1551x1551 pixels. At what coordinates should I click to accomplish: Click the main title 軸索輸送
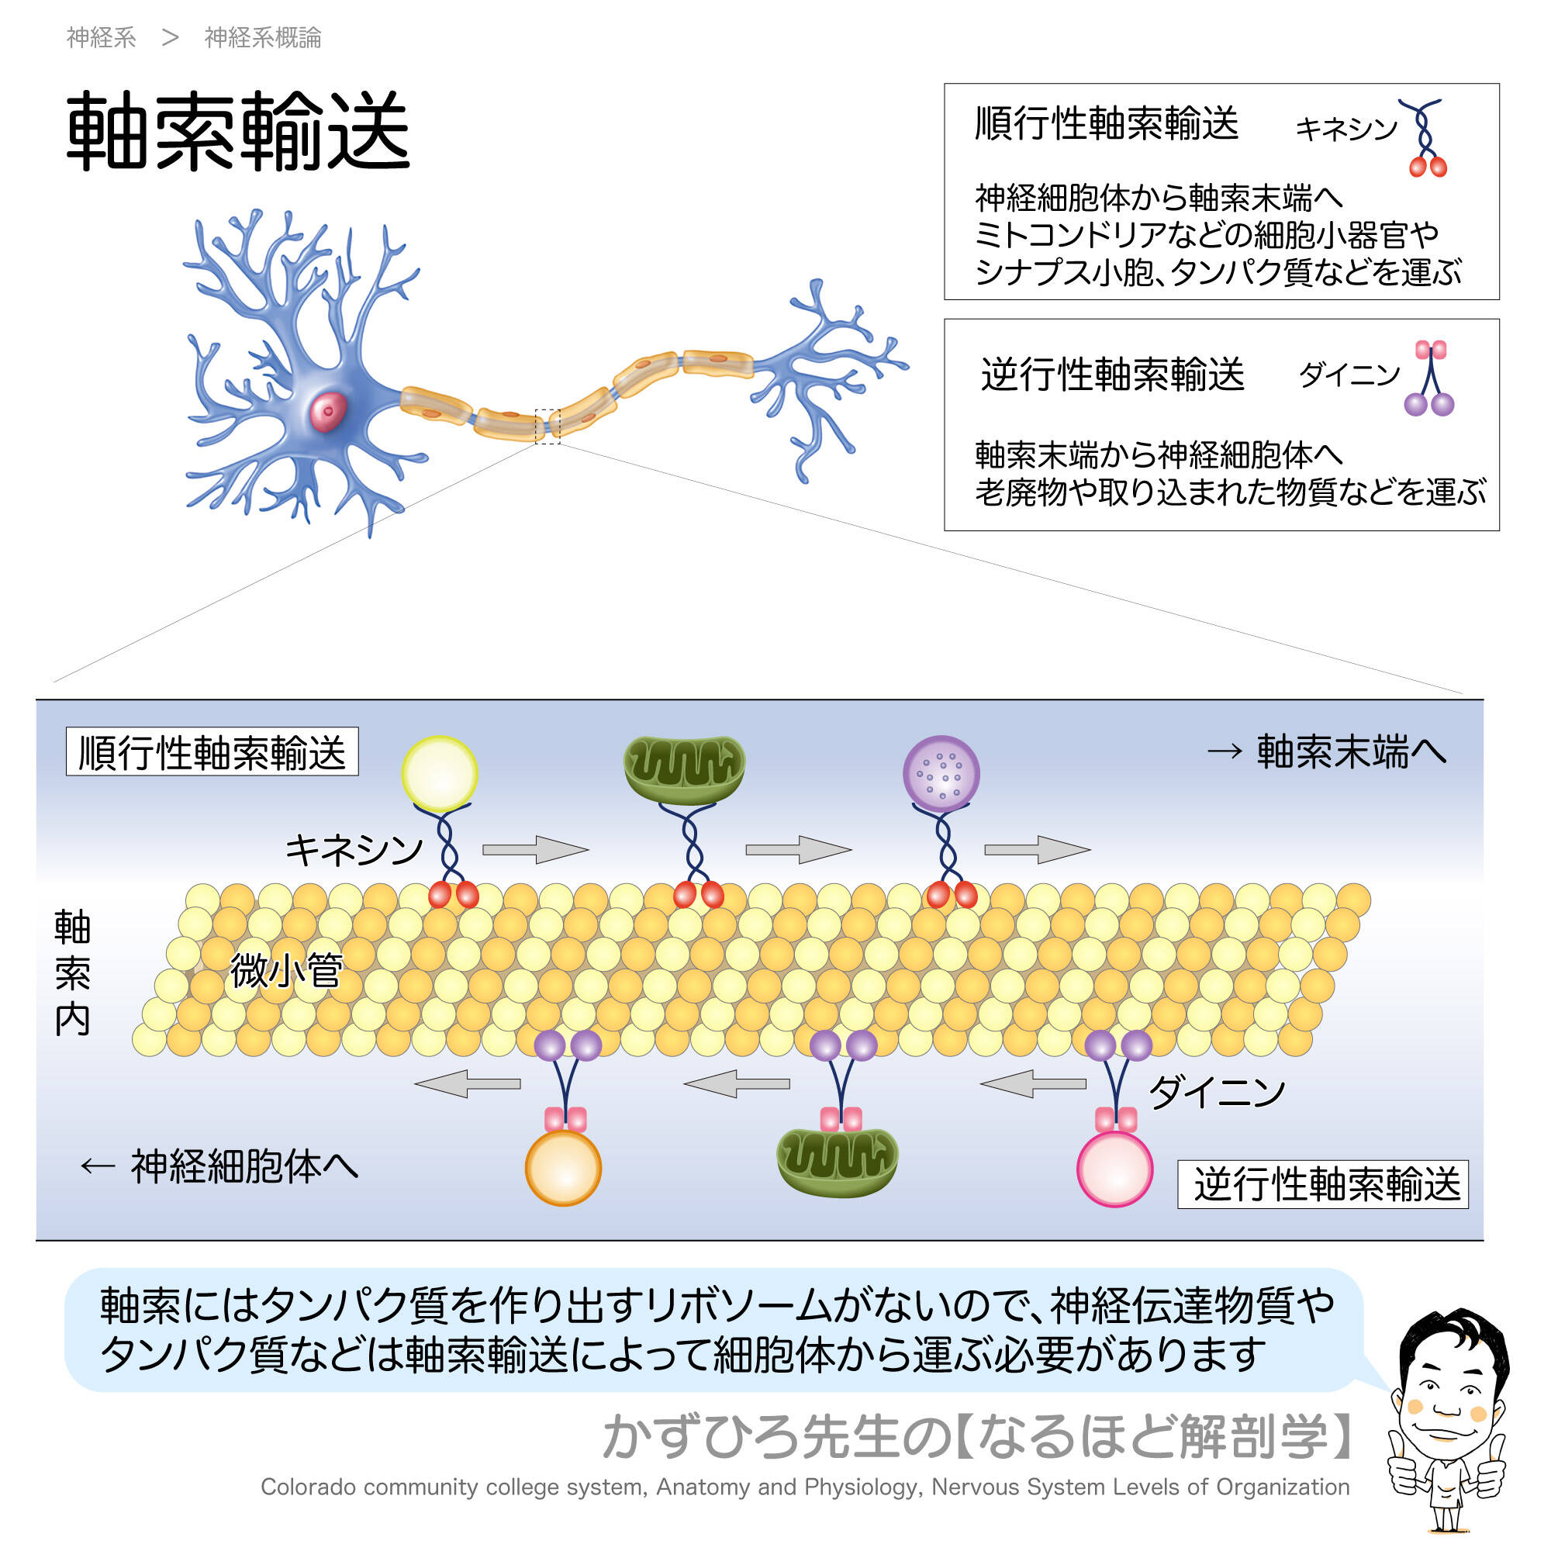click(237, 131)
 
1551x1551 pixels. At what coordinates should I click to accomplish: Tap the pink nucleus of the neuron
click(328, 412)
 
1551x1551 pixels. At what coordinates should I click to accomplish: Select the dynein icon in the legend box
click(1430, 378)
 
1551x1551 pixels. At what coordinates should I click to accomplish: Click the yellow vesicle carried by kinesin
click(439, 773)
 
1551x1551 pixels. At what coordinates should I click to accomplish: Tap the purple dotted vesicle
click(941, 772)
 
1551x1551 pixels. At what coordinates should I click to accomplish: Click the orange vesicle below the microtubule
click(564, 1167)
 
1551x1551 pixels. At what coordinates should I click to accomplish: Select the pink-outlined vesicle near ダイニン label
click(1114, 1169)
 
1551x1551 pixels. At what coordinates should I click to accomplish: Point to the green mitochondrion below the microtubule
click(838, 1162)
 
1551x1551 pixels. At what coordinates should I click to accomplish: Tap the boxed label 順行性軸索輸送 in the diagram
click(212, 751)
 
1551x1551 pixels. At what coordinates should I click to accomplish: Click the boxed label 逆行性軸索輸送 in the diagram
click(1323, 1184)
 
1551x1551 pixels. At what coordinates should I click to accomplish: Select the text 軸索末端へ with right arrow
click(1327, 752)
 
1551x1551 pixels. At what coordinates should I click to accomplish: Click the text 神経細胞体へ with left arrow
click(219, 1166)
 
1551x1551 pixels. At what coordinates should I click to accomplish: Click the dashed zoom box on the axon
click(548, 427)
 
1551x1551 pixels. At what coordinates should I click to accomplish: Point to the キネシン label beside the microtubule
click(354, 849)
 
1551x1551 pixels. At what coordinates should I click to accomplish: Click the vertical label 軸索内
click(72, 974)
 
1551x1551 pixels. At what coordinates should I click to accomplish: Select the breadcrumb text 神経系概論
click(263, 38)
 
